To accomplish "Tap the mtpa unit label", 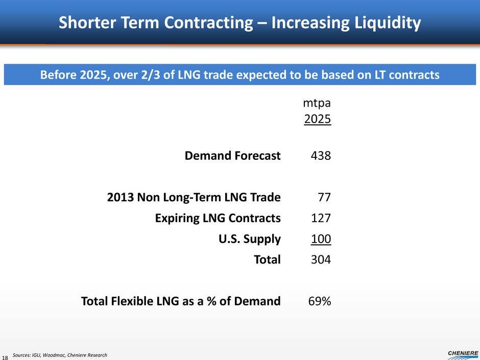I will pos(317,103).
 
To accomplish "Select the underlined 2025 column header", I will pos(318,120).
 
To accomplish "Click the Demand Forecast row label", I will pos(232,156).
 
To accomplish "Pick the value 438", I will pos(321,156).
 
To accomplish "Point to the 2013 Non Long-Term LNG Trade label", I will pos(194,197).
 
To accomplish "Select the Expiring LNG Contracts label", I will pos(218,219).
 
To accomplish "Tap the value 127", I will pos(321,219).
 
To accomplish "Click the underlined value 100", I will pos(321,239).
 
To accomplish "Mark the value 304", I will pos(321,260).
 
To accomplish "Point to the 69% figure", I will pos(320,301).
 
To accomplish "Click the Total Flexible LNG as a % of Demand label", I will pos(181,301).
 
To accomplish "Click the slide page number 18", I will pos(6,356).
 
